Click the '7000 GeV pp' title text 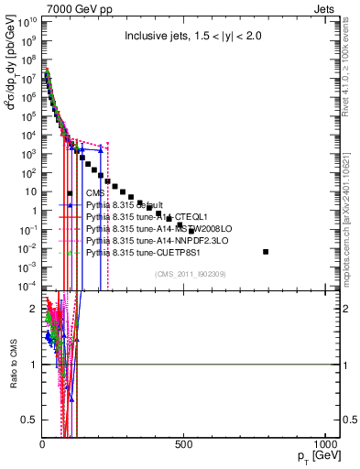(69, 7)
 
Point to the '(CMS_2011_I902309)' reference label (191, 273)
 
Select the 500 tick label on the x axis (184, 442)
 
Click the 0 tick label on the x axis (42, 442)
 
